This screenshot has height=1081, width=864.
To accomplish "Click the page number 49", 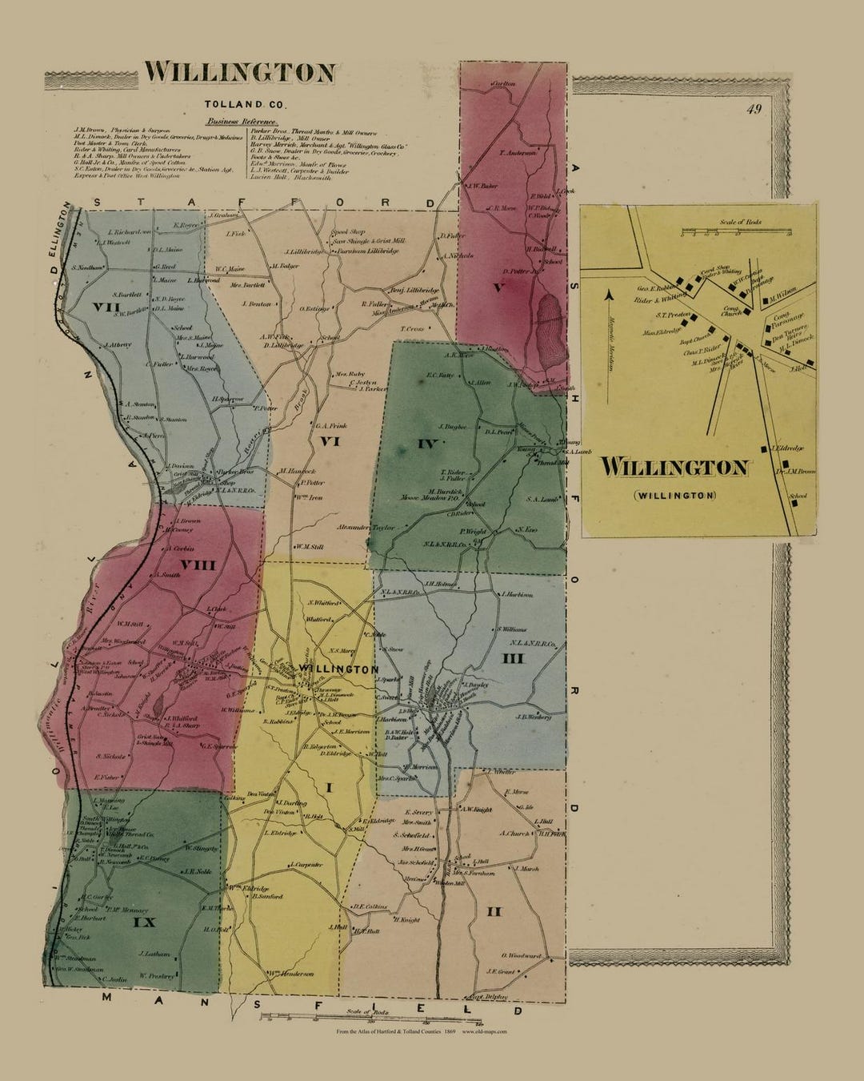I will point(754,110).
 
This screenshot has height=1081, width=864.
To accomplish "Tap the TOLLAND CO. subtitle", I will point(238,104).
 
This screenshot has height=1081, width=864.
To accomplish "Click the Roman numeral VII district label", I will point(106,307).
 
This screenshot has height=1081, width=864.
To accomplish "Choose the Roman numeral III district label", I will point(512,658).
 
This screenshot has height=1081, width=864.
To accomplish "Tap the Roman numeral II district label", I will point(494,910).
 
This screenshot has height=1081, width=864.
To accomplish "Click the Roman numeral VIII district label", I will point(198,565).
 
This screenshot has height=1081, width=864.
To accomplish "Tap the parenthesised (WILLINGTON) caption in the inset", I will point(674,496).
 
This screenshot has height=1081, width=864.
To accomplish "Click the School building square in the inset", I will point(791,505).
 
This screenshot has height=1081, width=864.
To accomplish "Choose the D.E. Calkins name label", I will point(370,906).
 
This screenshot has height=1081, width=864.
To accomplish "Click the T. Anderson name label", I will point(517,152).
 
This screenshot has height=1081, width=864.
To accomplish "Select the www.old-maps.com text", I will point(485,1032).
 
